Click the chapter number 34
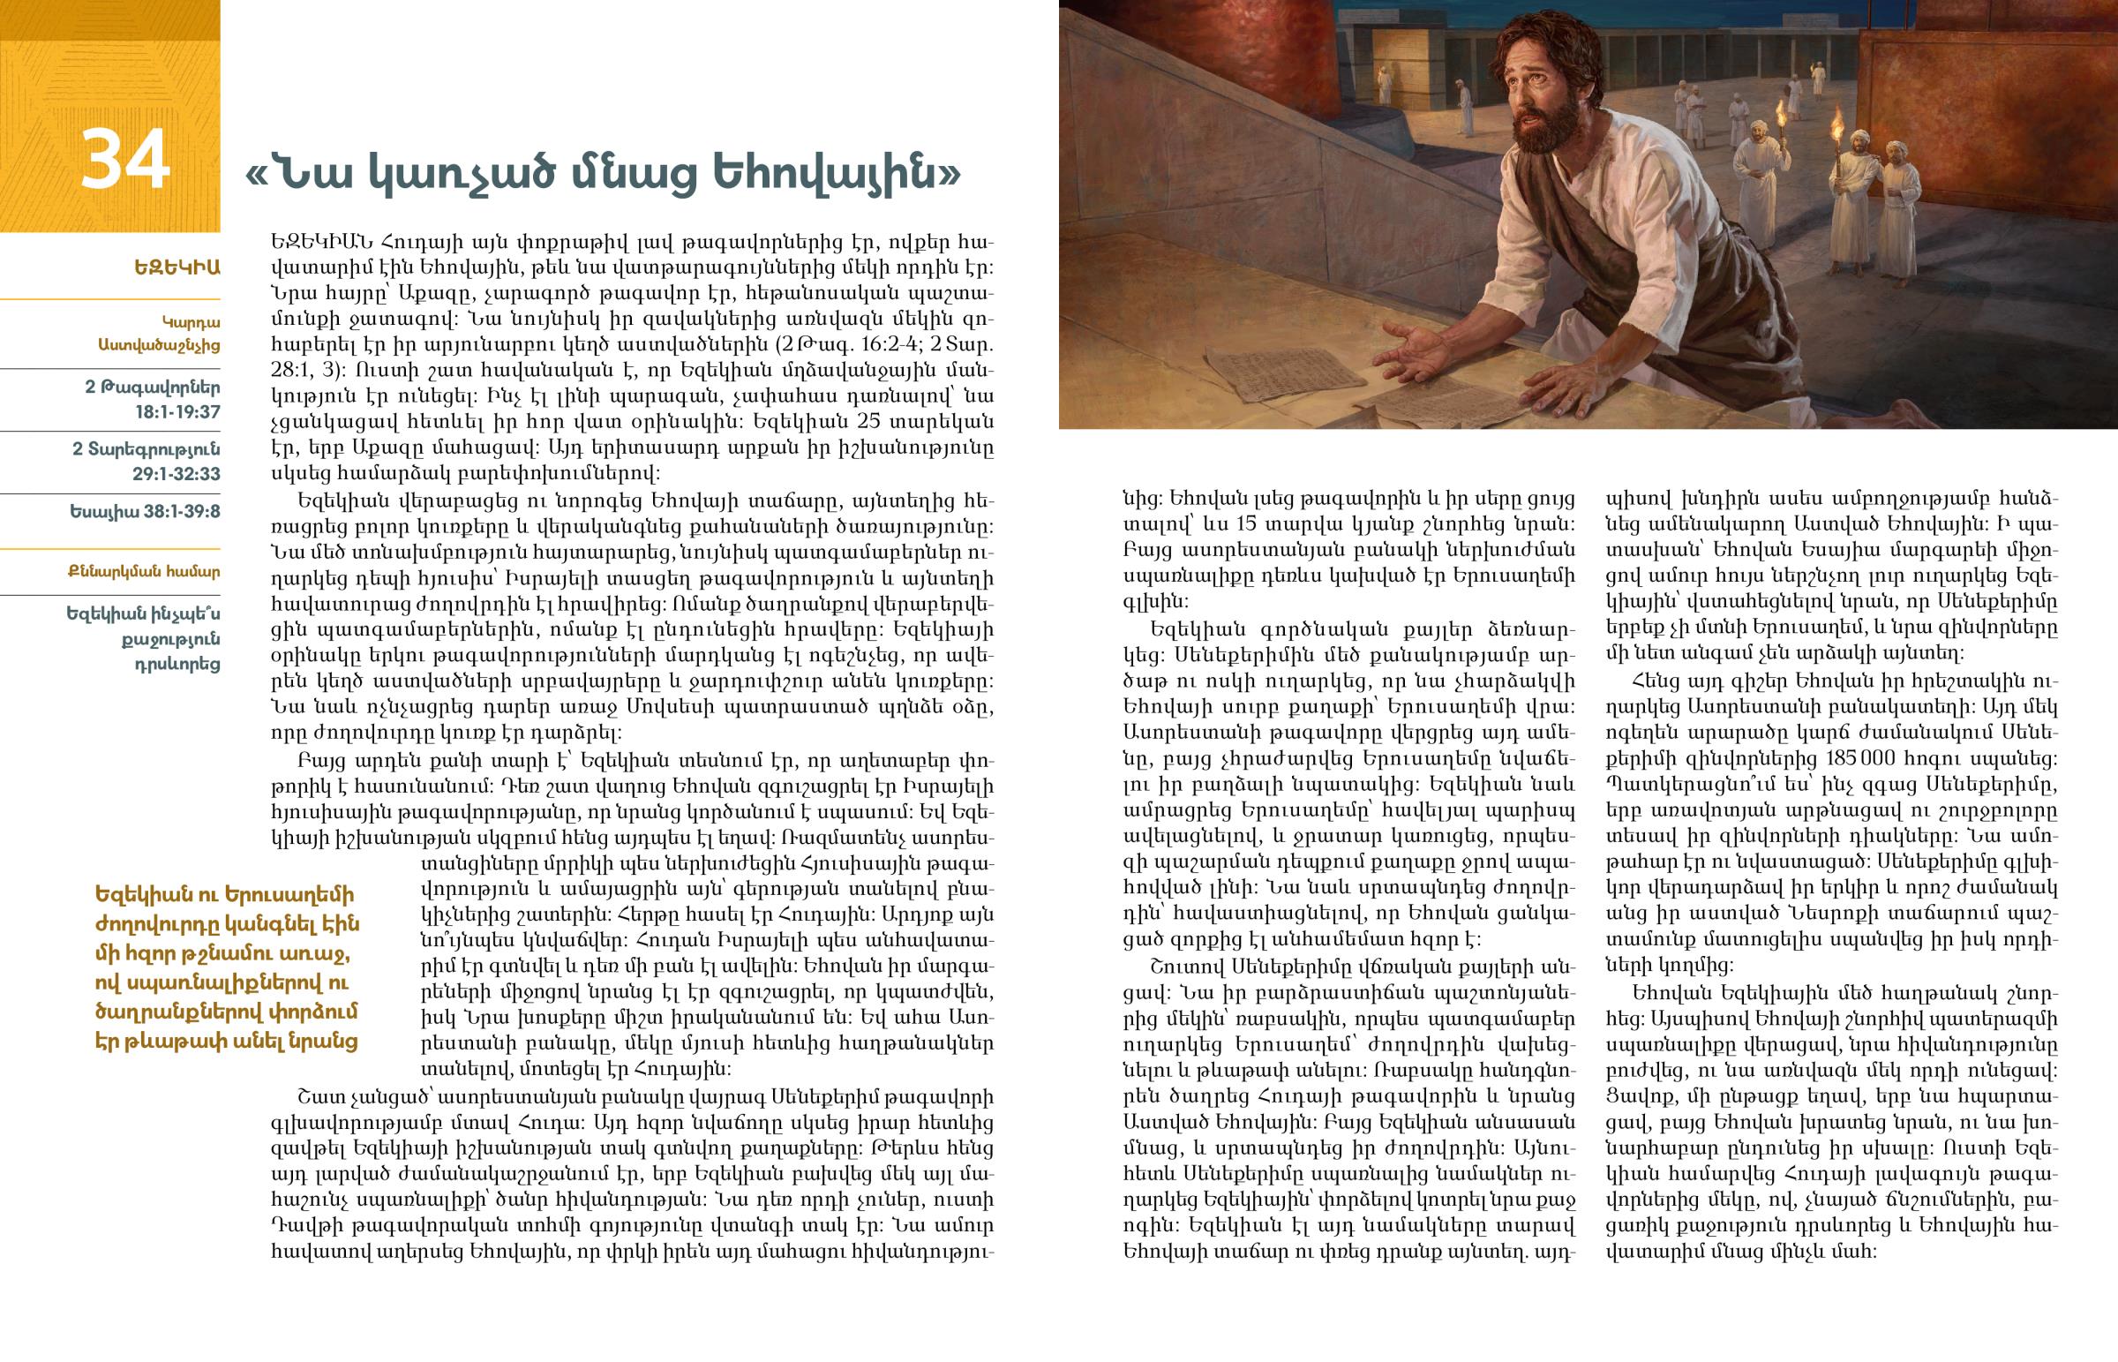point(124,160)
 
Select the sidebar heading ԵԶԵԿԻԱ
point(176,267)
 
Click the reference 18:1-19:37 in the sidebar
point(176,411)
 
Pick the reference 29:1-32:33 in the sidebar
point(176,473)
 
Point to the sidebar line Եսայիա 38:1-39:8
point(145,511)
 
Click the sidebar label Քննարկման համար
point(144,571)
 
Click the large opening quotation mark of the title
point(256,175)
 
